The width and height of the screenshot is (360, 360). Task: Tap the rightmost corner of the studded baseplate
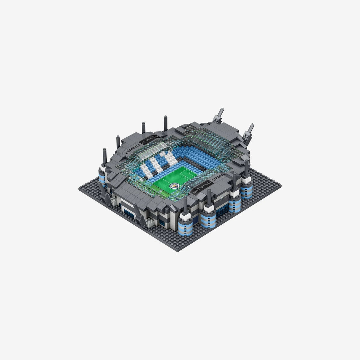point(280,186)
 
